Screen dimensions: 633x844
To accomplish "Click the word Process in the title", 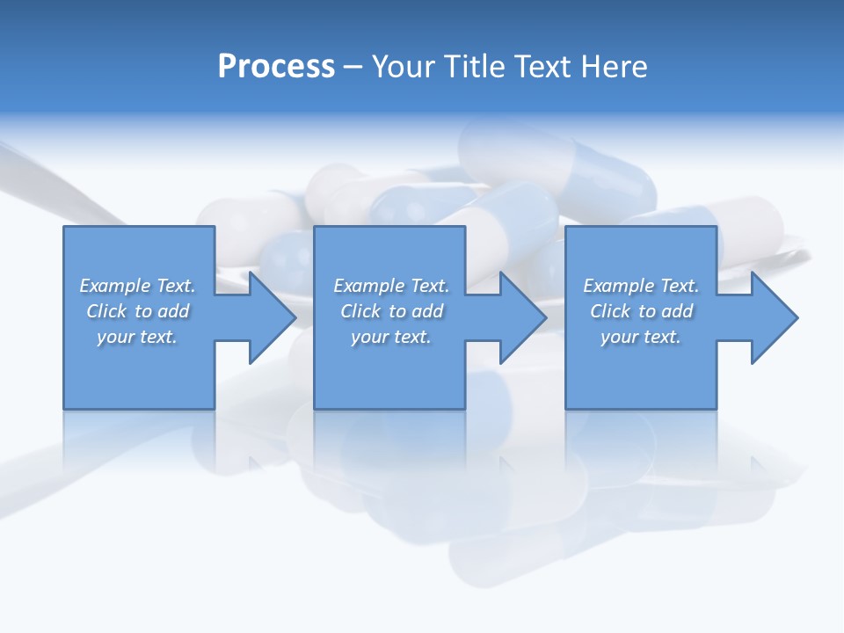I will tap(276, 67).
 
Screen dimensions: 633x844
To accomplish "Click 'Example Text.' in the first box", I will tap(137, 286).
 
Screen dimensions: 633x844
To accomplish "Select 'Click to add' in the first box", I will tap(137, 311).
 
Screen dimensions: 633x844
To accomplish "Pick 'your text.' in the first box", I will tap(137, 337).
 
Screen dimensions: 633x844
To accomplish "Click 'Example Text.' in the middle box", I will tap(391, 286).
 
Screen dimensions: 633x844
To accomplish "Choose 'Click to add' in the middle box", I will tap(391, 311).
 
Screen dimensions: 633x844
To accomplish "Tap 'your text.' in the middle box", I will tap(391, 337).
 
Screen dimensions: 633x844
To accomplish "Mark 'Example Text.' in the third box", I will tap(641, 286).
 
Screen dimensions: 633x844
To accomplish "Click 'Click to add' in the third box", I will tap(641, 311).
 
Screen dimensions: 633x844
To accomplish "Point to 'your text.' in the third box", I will tap(641, 337).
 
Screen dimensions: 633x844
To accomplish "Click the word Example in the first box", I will tap(115, 286).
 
